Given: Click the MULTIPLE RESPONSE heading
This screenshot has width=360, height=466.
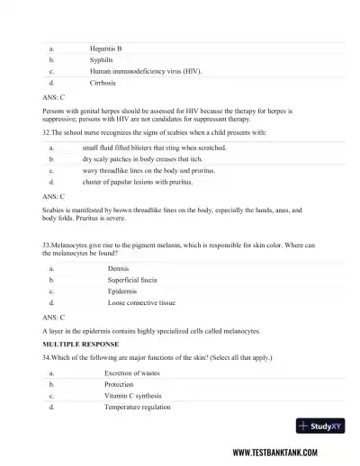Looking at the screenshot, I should click(84, 344).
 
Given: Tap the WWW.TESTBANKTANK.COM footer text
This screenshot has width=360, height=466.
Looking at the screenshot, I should click(287, 453).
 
